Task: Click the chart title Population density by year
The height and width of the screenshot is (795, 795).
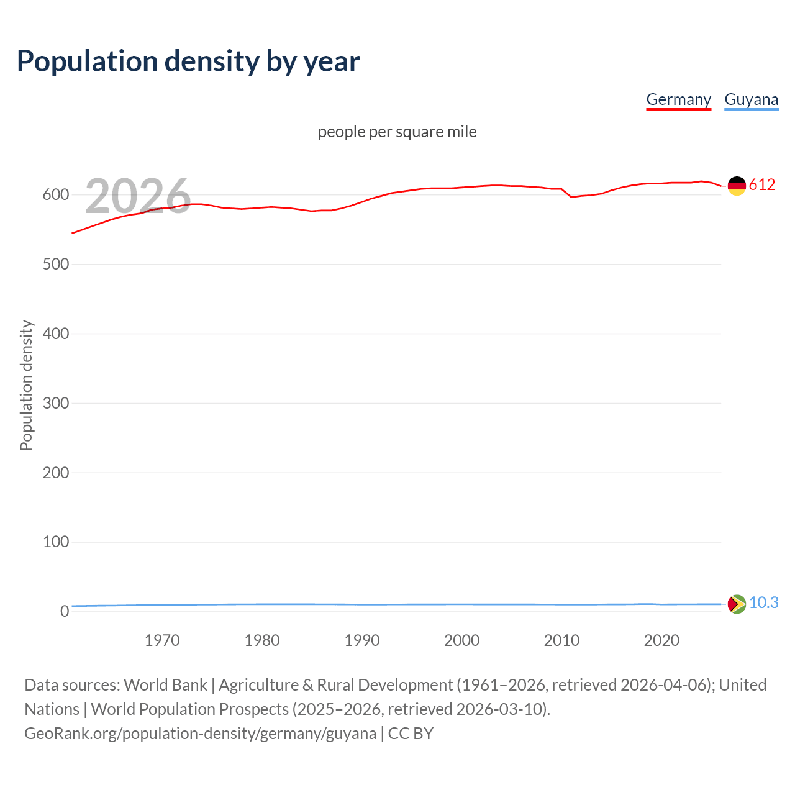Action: [x=188, y=61]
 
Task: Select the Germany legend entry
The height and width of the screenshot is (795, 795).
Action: [x=678, y=99]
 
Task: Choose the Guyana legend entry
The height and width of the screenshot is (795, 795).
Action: [x=751, y=99]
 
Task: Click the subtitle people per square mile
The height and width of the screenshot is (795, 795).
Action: [x=397, y=132]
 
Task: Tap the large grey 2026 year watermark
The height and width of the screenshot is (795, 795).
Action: [x=138, y=196]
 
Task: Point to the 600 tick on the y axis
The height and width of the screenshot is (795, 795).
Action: [x=56, y=195]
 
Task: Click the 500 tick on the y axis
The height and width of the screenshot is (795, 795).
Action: [x=56, y=265]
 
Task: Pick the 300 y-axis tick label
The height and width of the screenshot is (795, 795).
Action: [x=56, y=404]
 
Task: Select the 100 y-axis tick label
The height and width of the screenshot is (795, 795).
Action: [x=56, y=542]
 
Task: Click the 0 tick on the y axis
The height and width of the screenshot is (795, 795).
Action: [x=65, y=612]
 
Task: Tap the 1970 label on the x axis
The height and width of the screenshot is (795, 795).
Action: [x=162, y=640]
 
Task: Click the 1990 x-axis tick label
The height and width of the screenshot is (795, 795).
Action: [x=362, y=640]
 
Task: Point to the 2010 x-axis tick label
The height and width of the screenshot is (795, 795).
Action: [x=561, y=640]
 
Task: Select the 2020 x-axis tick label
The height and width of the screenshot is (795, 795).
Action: [x=661, y=640]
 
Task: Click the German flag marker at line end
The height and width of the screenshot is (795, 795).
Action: [x=737, y=186]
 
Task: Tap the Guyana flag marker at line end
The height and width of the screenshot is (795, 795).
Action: [x=737, y=604]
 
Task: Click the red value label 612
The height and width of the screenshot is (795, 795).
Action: [x=762, y=184]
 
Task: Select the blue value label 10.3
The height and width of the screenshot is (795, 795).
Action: [x=763, y=603]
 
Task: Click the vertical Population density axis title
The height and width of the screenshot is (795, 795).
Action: [x=26, y=385]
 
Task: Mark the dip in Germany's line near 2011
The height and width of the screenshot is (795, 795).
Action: [x=571, y=197]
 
